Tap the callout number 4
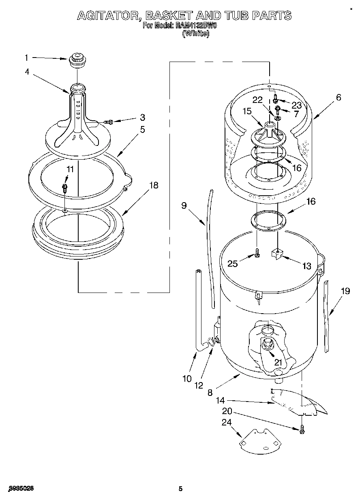27,72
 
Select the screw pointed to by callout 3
108,121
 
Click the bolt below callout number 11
64,187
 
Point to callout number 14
220,401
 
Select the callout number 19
345,291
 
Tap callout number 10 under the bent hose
187,379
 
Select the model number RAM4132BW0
196,25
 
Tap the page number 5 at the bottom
181,489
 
